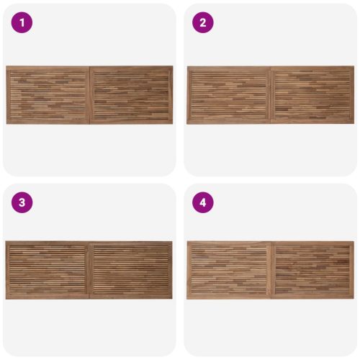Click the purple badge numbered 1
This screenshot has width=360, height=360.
click(22, 22)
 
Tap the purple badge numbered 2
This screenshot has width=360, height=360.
click(203, 22)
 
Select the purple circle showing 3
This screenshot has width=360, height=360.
click(22, 202)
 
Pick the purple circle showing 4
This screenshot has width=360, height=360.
click(203, 202)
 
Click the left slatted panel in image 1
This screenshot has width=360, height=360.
click(48, 94)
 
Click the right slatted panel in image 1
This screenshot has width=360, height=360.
click(132, 95)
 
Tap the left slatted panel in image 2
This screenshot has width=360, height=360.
click(229, 94)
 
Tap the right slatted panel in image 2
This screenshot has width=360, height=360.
click(312, 94)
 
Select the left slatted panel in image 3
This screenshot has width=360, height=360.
click(48, 270)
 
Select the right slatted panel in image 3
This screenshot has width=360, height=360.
click(131, 270)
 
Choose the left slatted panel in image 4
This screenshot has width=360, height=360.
click(229, 270)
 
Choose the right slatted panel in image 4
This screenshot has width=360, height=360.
click(312, 270)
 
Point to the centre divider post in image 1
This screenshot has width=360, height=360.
click(90, 95)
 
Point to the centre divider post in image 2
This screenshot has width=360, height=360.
click(271, 95)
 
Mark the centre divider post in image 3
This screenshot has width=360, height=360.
click(89, 270)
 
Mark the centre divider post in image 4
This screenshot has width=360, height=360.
click(271, 270)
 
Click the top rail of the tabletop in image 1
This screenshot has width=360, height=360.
click(89, 68)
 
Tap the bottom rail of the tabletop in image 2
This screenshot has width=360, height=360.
click(270, 122)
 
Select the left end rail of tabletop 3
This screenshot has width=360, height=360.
click(8, 270)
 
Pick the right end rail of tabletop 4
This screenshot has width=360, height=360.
click(352, 270)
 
